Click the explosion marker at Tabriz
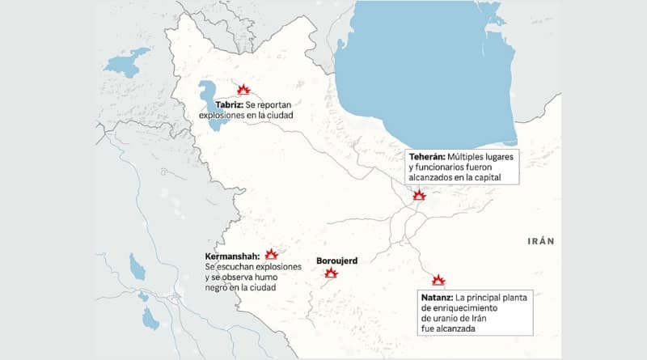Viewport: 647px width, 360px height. click(x=243, y=90)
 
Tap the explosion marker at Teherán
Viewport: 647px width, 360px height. click(x=419, y=195)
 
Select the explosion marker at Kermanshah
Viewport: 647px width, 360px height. click(x=271, y=254)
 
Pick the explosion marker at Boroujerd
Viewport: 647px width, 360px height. click(x=331, y=273)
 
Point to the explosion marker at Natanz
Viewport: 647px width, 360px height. click(x=438, y=280)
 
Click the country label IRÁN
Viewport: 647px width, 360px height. click(x=541, y=241)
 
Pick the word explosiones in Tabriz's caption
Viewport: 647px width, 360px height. click(x=223, y=116)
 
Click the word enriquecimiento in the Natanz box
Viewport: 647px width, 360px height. click(x=464, y=308)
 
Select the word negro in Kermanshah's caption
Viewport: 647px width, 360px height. click(x=218, y=288)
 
